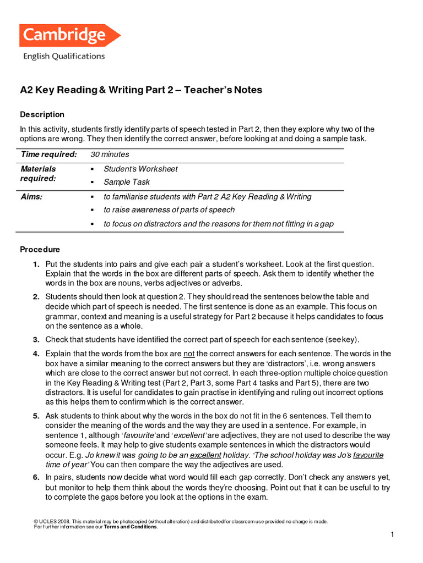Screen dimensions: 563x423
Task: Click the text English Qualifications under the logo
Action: [x=63, y=56]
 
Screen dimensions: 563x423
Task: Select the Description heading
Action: [x=42, y=114]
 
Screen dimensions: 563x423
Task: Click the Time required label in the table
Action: [x=48, y=154]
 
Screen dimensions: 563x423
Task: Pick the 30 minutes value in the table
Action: [x=110, y=154]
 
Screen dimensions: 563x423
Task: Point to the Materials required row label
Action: [x=39, y=174]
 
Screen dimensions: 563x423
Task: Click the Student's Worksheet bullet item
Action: [x=140, y=169]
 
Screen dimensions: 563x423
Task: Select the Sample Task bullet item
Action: [x=127, y=182]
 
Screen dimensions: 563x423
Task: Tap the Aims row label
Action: [x=31, y=196]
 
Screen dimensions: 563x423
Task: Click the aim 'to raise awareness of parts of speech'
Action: [x=169, y=209]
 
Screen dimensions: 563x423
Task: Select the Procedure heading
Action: [x=40, y=249]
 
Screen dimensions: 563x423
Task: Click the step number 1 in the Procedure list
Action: [x=36, y=264]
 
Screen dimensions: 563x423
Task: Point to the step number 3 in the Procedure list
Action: [x=36, y=339]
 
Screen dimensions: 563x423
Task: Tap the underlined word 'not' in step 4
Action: [x=189, y=354]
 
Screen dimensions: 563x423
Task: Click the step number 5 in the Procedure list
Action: [x=36, y=416]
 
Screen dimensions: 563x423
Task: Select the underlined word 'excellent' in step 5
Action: [x=205, y=455]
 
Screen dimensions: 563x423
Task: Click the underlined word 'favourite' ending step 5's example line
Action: [x=368, y=455]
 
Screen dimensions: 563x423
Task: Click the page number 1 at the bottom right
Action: [x=393, y=535]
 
